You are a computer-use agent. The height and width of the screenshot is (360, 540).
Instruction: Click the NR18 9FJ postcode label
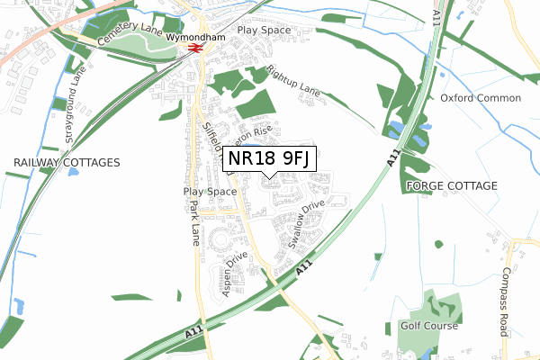[269, 160]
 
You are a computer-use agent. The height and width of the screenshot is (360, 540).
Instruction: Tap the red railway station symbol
[194, 50]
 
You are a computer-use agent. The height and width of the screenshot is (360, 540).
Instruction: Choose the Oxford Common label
[481, 98]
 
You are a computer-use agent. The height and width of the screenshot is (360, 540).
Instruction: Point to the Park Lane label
[195, 223]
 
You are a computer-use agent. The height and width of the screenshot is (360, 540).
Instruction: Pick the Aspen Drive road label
[232, 274]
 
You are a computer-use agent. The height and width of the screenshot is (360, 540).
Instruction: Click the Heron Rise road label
[253, 134]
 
